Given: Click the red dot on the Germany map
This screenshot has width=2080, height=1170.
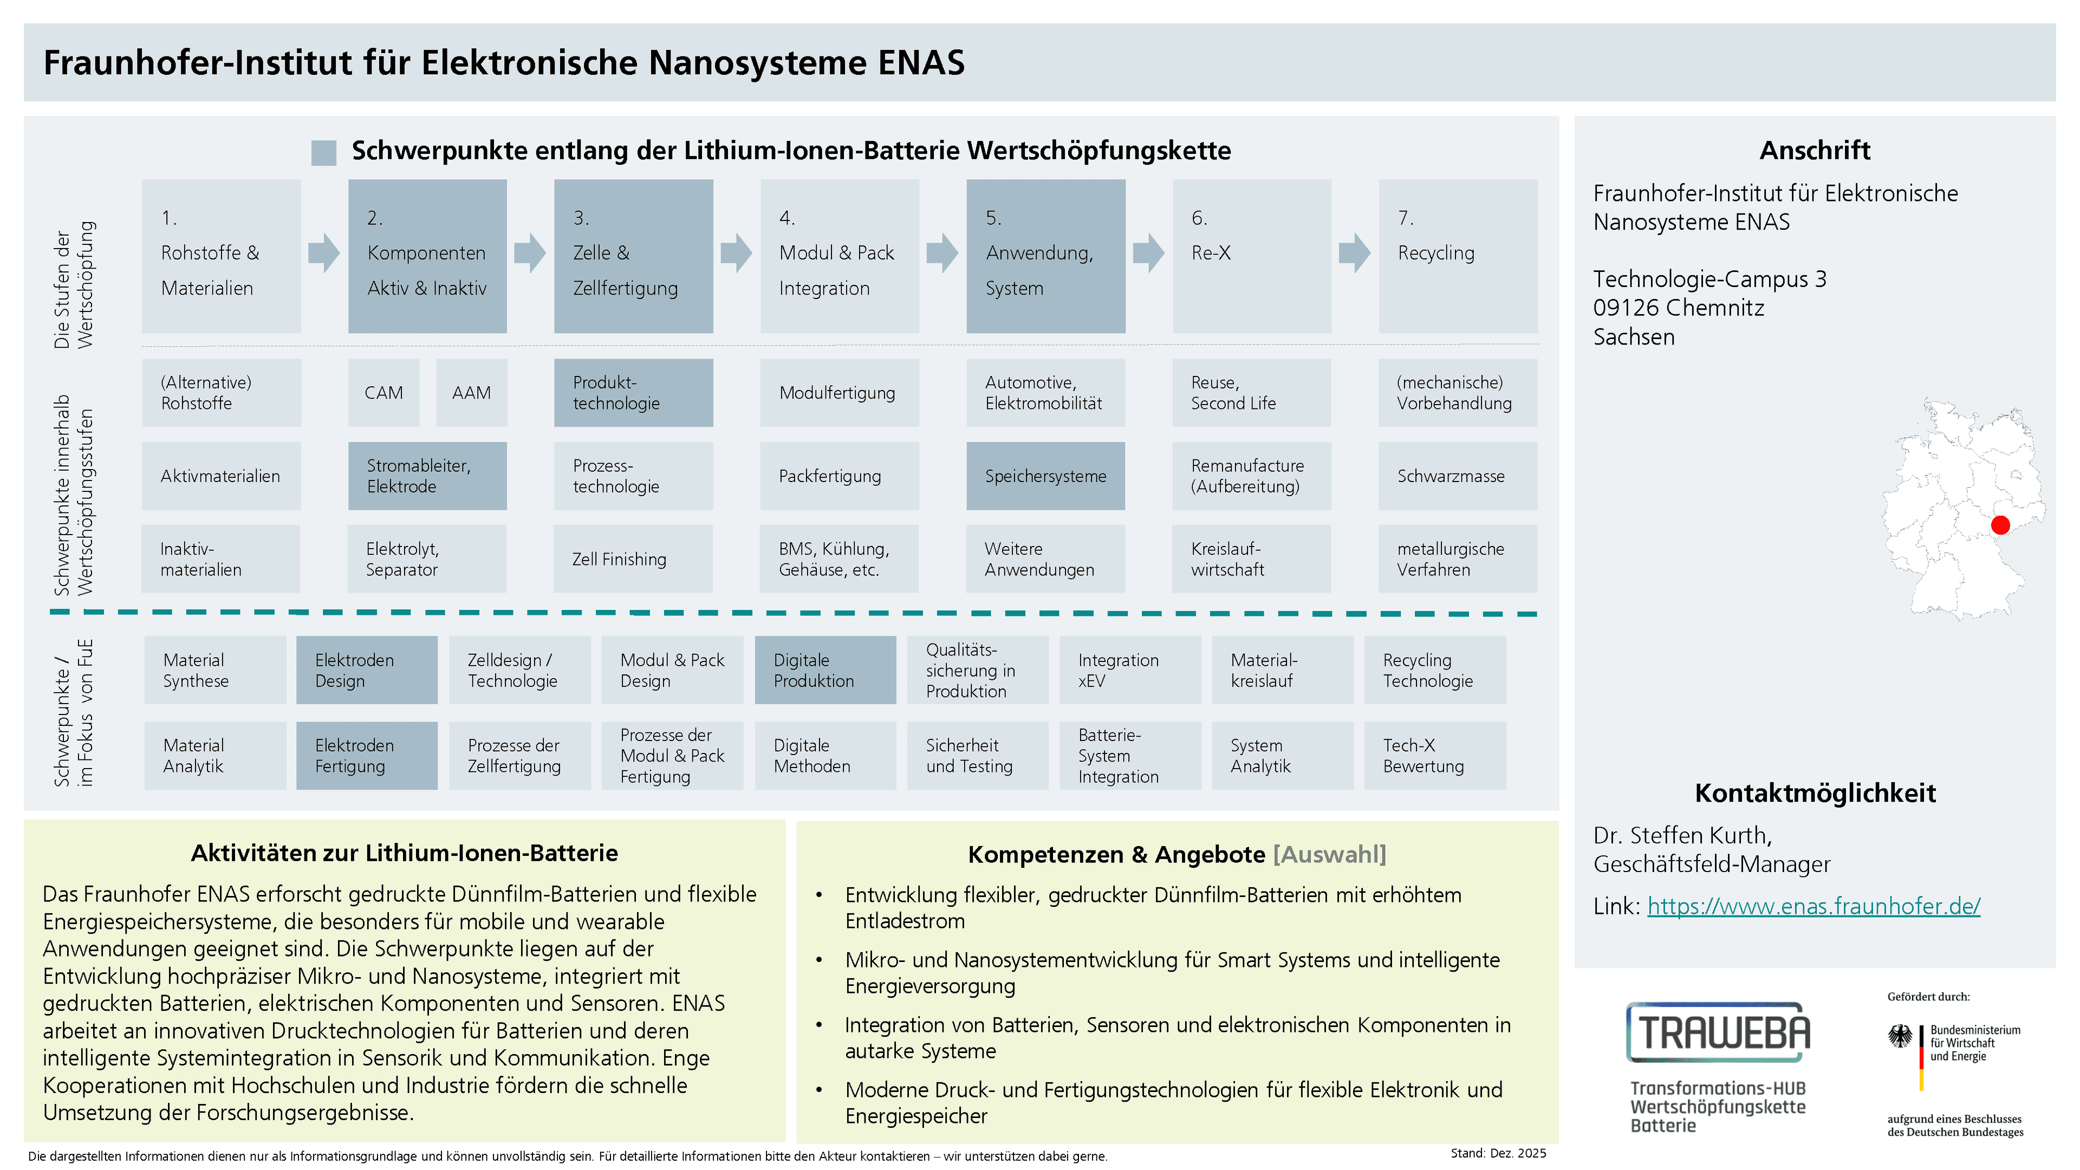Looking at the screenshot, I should tap(2000, 525).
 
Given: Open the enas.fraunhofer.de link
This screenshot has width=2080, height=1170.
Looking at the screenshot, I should tap(1813, 906).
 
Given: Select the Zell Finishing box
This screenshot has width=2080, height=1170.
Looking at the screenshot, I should tap(633, 559).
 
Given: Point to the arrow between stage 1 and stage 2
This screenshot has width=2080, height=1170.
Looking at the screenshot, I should tap(324, 253).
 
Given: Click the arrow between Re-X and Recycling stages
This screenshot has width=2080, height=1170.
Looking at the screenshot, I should tap(1354, 253).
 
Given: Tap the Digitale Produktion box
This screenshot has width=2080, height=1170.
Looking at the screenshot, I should tap(824, 670).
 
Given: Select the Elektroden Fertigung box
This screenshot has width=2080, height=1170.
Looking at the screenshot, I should tap(367, 756).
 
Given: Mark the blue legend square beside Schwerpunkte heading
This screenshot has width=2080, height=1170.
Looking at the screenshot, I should tap(324, 153).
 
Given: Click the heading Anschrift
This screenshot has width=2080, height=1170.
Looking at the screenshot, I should tap(1815, 150).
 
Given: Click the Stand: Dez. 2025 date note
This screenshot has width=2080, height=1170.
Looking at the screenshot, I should tap(1498, 1153).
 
